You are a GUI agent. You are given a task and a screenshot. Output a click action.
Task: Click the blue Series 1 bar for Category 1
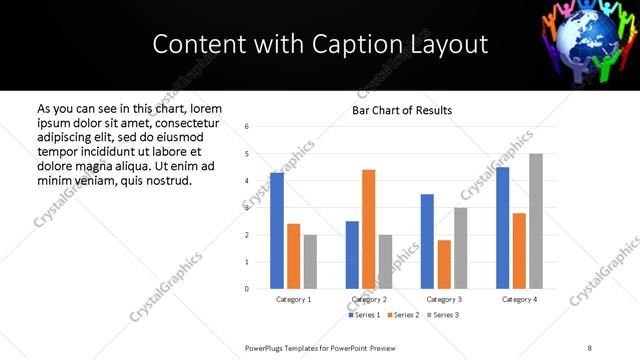[x=277, y=231]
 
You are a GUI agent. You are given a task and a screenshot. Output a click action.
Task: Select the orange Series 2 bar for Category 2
[x=368, y=229]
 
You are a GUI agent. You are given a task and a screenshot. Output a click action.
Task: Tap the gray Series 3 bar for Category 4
[x=536, y=221]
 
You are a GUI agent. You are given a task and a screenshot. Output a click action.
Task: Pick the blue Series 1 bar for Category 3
[x=427, y=241]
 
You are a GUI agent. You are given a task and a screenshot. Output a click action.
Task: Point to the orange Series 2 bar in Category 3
[x=444, y=264]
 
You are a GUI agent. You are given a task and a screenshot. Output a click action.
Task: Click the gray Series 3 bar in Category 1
[x=310, y=262]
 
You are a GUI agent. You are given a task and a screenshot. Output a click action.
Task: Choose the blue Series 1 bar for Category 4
[x=503, y=228]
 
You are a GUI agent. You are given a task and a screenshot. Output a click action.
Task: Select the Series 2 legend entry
[x=403, y=315]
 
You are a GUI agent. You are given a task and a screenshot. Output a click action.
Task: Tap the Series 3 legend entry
[x=441, y=315]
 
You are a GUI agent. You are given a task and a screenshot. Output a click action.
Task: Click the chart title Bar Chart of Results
[x=402, y=110]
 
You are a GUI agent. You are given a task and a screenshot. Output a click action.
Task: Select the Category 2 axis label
[x=368, y=299]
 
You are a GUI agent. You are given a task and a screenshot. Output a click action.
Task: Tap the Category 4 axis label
[x=519, y=299]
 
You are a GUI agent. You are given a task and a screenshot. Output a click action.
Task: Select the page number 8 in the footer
[x=590, y=346]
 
